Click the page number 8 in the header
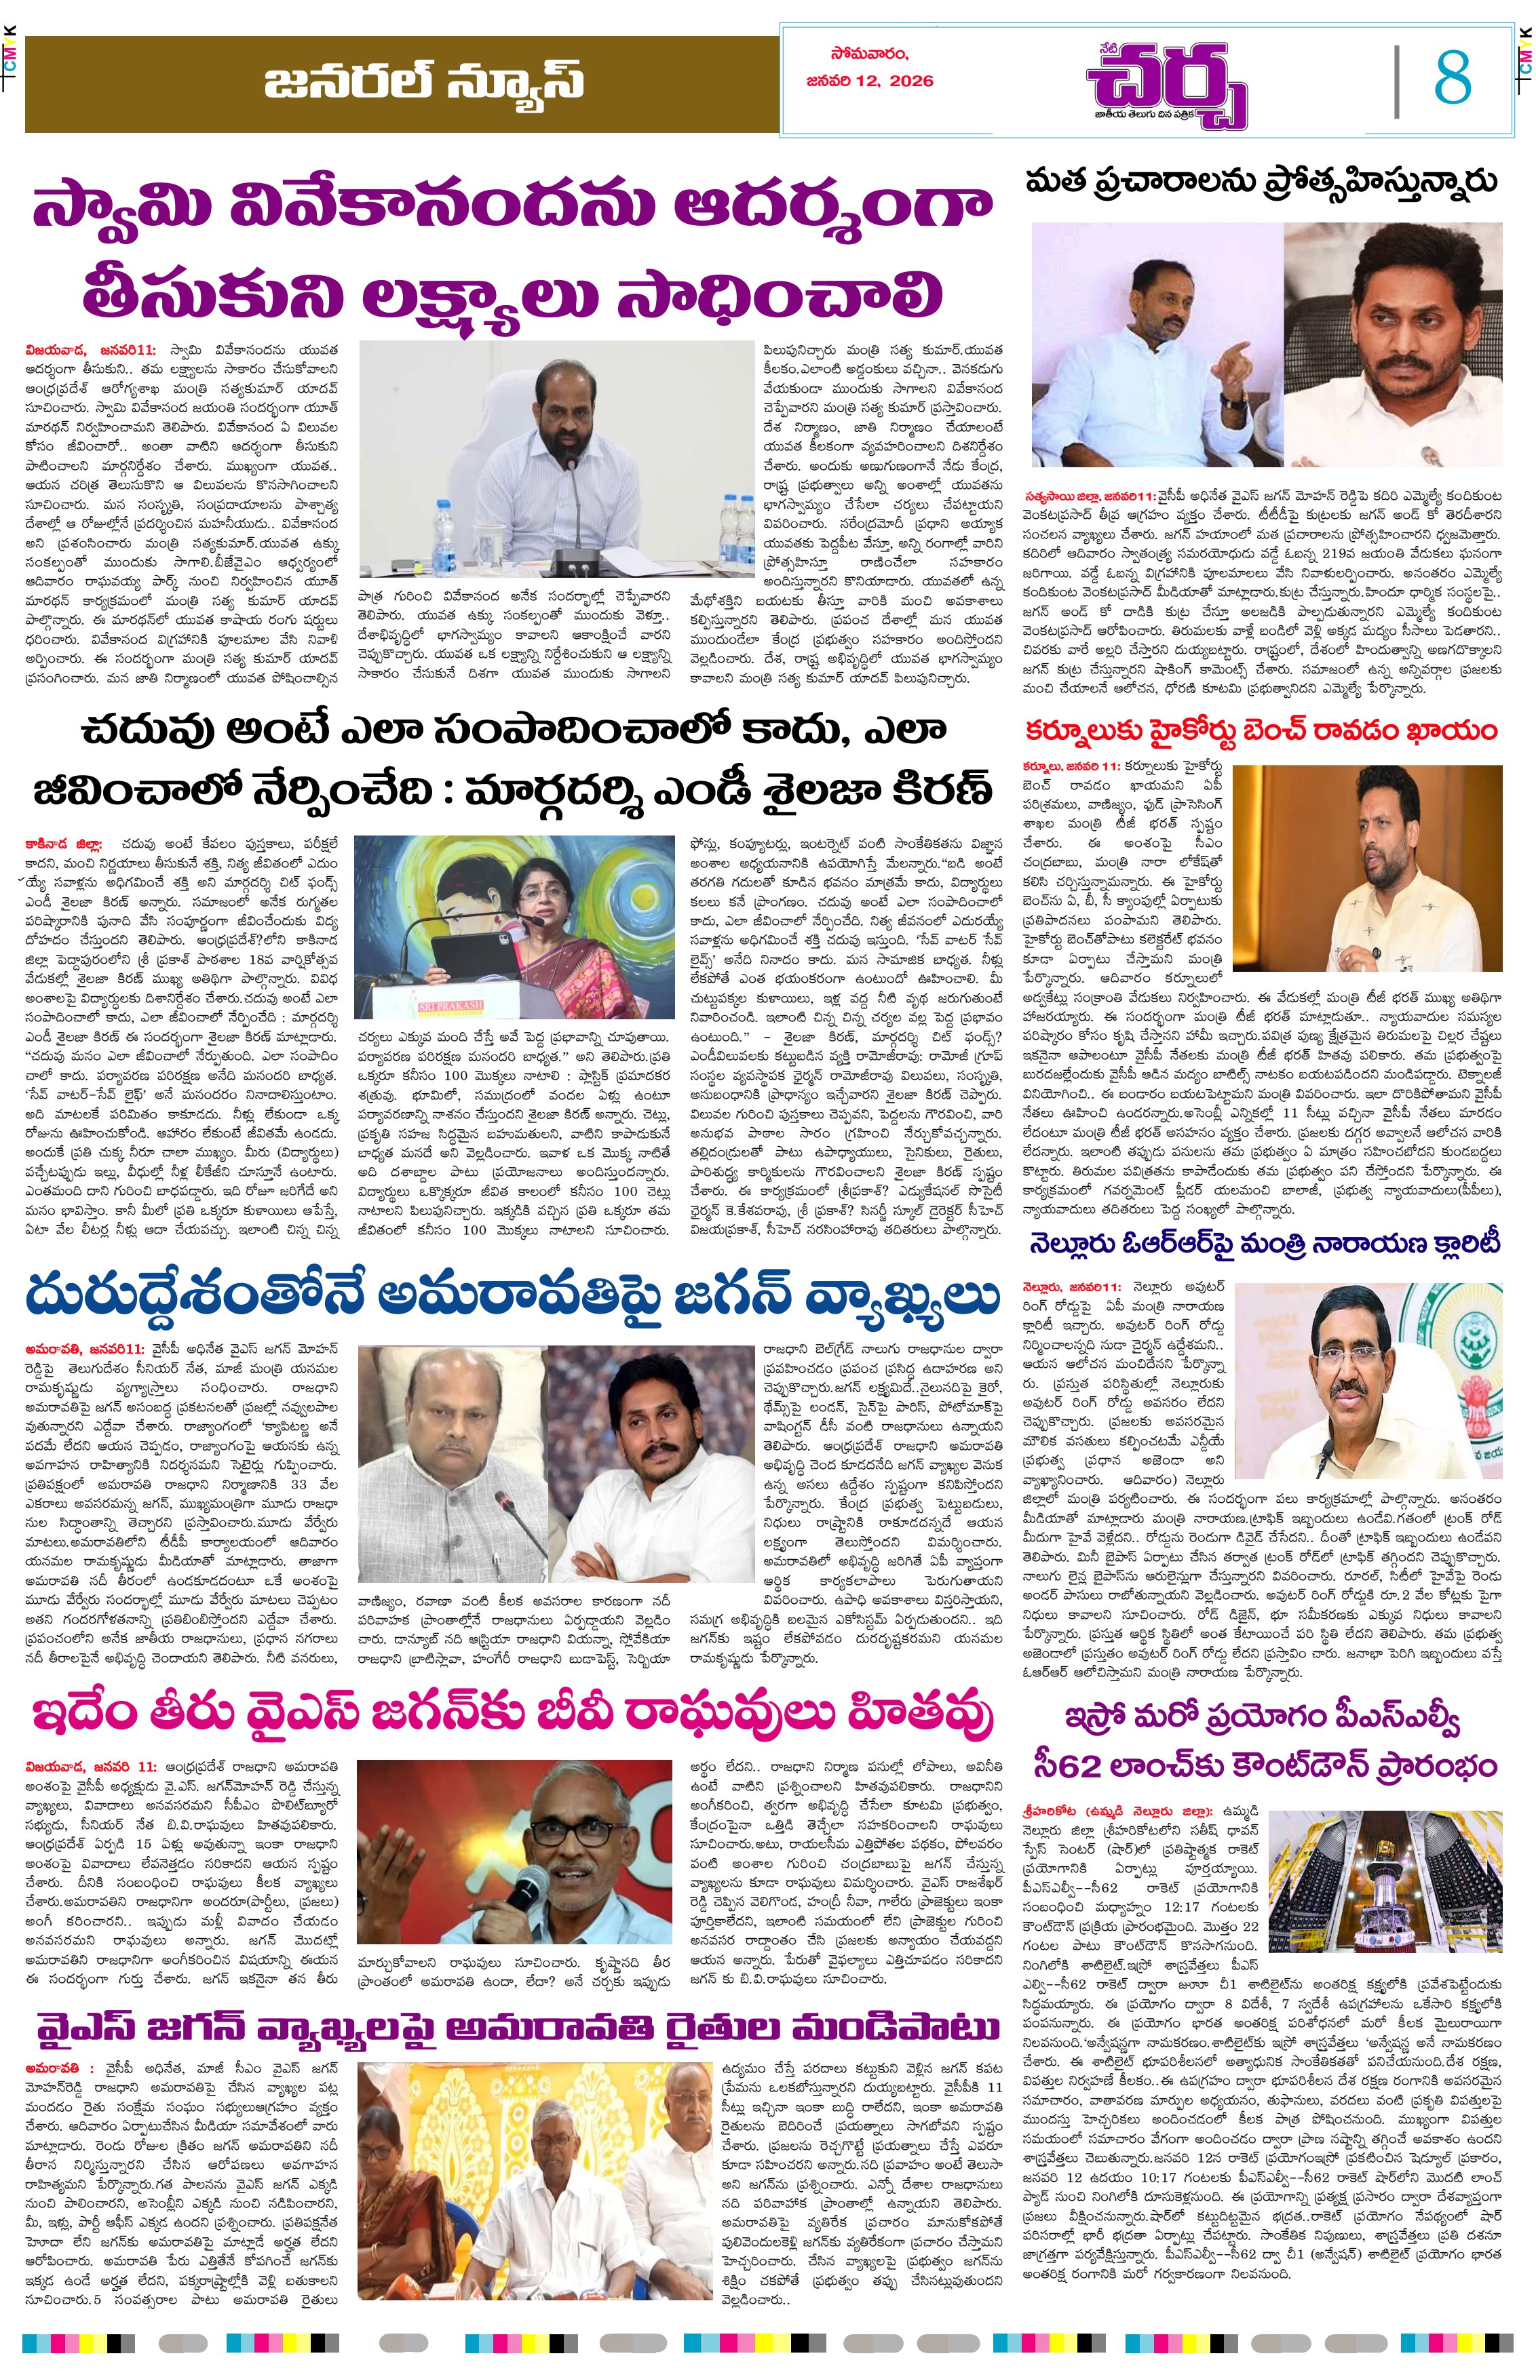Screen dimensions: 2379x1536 click(1453, 78)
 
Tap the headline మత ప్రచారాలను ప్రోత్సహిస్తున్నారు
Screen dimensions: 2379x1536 click(1262, 182)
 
